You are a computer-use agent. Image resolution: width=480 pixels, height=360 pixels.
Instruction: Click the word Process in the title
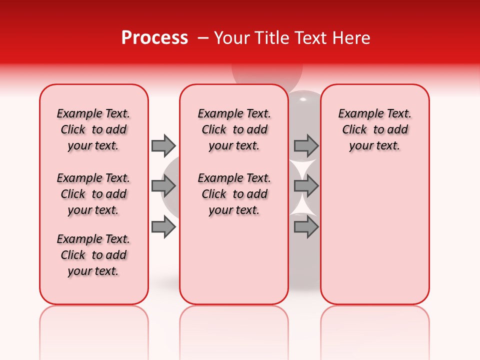[x=154, y=38]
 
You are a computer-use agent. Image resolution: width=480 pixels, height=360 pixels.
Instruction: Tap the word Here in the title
[x=352, y=38]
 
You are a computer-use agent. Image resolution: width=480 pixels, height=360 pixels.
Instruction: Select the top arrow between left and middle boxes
[x=163, y=145]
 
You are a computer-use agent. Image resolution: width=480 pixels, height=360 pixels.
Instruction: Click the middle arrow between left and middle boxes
[x=163, y=186]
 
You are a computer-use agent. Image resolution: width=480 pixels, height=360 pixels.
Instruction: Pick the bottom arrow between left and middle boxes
[x=163, y=227]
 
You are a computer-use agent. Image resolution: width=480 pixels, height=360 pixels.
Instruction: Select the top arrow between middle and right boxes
[x=306, y=145]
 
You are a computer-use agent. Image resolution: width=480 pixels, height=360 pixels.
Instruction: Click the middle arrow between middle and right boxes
[x=306, y=186]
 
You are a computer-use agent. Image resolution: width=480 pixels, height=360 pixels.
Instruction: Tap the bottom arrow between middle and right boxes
[x=306, y=227]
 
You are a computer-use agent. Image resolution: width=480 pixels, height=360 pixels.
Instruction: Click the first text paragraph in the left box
[x=93, y=129]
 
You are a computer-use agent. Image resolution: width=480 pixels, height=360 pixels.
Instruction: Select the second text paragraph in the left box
[x=93, y=194]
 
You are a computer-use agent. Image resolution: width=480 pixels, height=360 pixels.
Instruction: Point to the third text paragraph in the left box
[x=93, y=255]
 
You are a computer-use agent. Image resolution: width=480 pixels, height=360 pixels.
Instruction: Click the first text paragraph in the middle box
[x=234, y=129]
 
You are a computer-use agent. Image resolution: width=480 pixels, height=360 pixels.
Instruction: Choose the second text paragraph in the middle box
[x=234, y=194]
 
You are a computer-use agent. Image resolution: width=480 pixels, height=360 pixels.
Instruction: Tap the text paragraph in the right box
[x=375, y=129]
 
